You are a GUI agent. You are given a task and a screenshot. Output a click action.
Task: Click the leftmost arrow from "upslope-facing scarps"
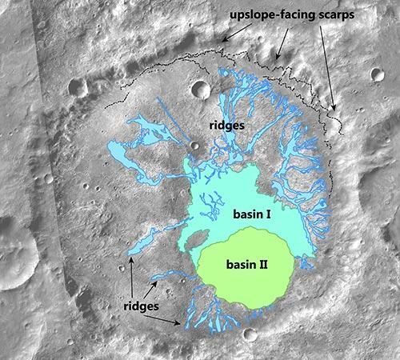point(236,33)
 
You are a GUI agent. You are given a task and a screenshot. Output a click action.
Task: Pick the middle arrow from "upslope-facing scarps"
point(278,47)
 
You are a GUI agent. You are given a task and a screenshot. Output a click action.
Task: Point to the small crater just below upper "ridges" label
point(195,145)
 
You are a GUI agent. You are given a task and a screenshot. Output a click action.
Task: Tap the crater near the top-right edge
point(377,74)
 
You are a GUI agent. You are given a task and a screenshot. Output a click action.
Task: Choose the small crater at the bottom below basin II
point(250,334)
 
